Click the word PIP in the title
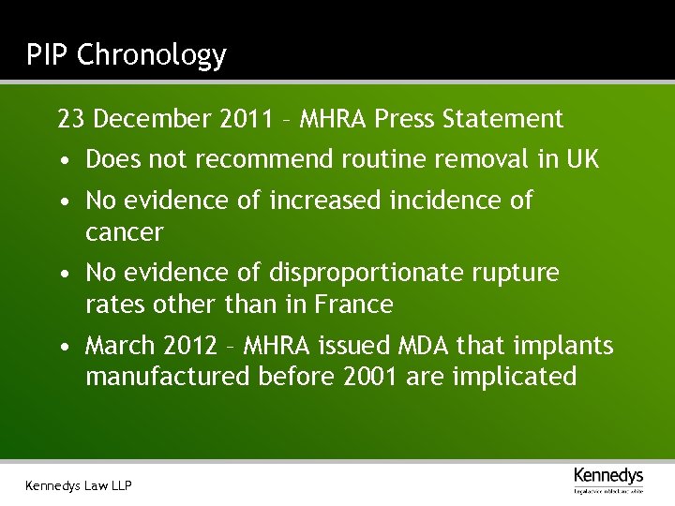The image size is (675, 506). click(x=47, y=54)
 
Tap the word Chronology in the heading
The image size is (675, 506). click(x=151, y=56)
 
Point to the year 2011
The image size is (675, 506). click(x=247, y=119)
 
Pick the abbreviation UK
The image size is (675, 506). click(x=581, y=159)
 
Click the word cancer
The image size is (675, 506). click(x=124, y=231)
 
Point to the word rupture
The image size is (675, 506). click(x=524, y=274)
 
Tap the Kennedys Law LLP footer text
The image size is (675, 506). click(x=79, y=485)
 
